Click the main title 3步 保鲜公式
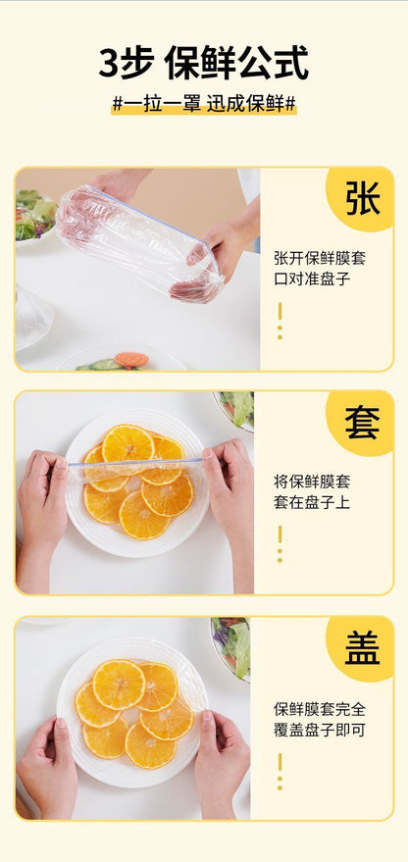point(203,63)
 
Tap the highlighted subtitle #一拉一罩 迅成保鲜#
point(204,104)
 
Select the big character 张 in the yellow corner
point(362,198)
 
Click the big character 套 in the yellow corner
point(362,422)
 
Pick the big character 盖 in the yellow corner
point(362,646)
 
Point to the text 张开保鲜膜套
point(320,260)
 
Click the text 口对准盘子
point(312,279)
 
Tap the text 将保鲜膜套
point(312,482)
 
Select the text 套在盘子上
point(312,502)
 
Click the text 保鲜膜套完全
point(320,708)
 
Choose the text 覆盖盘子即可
point(320,729)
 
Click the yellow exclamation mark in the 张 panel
point(280,321)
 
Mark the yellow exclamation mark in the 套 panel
point(280,544)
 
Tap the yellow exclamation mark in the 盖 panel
point(280,771)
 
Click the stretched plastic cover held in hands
point(137,240)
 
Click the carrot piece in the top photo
point(130,360)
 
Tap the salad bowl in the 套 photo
point(236,408)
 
